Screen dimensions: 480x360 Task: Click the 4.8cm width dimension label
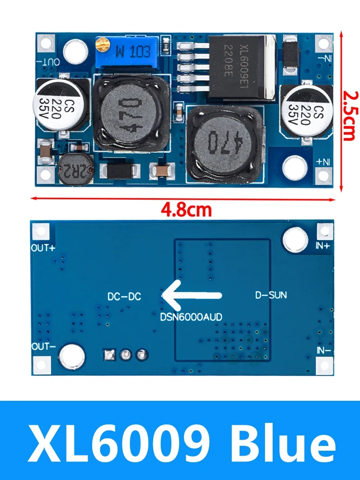[185, 209]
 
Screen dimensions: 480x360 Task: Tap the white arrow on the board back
[192, 295]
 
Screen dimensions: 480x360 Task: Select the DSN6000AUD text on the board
[191, 316]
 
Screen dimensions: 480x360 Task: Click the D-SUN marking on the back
[271, 295]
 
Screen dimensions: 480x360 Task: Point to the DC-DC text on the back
[124, 297]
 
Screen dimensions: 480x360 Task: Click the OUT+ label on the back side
[43, 248]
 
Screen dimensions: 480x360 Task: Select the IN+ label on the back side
[323, 245]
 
